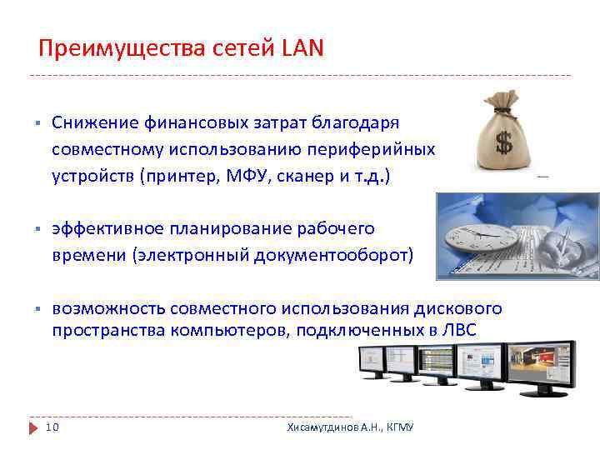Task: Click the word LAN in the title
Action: pyautogui.click(x=300, y=49)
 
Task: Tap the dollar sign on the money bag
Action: pyautogui.click(x=504, y=142)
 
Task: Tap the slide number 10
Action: pyautogui.click(x=52, y=427)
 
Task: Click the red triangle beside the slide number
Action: pyautogui.click(x=34, y=427)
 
